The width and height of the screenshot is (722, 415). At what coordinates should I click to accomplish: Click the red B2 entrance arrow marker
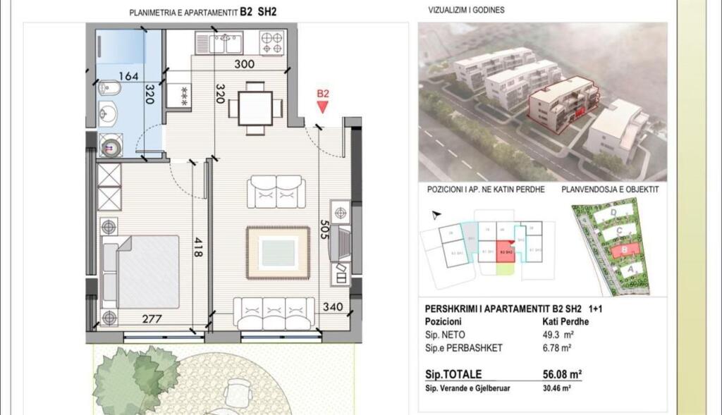(x=323, y=106)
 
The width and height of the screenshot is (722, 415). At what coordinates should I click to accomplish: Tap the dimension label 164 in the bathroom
(x=128, y=76)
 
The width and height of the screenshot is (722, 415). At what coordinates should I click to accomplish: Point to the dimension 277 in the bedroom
(x=152, y=319)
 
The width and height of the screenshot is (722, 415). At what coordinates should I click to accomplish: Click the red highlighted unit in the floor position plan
(x=505, y=252)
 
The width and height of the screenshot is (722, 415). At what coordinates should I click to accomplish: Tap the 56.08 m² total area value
(x=556, y=374)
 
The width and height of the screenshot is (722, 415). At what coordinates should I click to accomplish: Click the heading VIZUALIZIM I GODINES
(x=466, y=11)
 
